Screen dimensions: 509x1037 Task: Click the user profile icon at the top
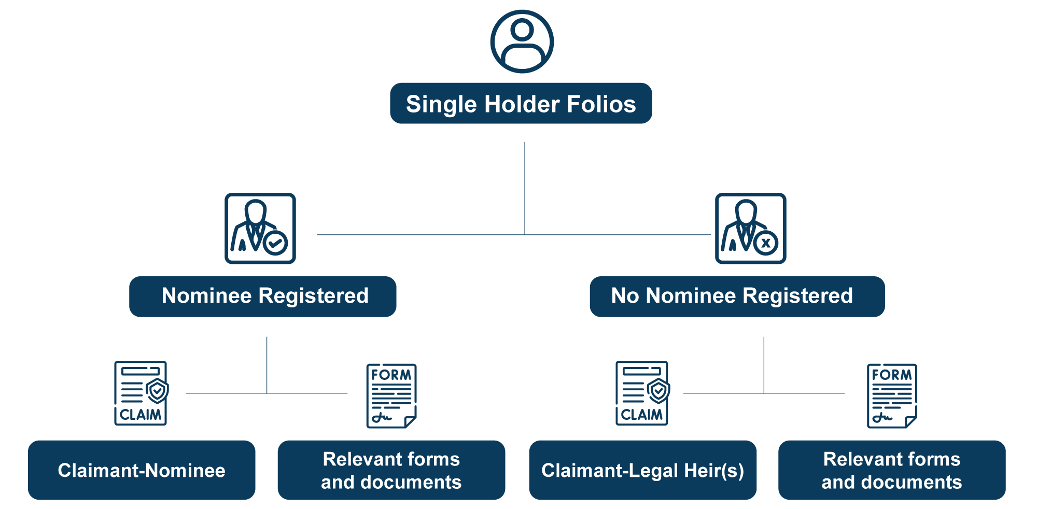pos(522,41)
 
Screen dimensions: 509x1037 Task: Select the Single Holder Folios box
pos(521,104)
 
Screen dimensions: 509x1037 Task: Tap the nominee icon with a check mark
pos(260,229)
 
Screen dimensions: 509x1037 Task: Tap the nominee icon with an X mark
pos(750,229)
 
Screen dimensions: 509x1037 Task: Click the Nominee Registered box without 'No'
pos(263,296)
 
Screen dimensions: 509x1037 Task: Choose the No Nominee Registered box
pos(737,296)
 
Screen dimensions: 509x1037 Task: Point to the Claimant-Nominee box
pos(142,470)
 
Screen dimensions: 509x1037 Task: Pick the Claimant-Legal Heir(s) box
pos(642,470)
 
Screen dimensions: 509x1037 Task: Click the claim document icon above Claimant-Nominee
pos(141,393)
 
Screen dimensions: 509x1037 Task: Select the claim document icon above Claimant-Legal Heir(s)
pos(642,393)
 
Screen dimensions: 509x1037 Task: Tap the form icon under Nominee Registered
pos(391,396)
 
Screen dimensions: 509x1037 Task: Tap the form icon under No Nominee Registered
pos(892,396)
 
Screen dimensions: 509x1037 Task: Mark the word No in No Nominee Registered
pos(625,296)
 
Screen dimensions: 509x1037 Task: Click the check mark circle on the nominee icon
pos(275,242)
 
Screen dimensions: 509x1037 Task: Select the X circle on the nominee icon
pos(765,243)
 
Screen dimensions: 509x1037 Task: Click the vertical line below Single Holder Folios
pos(525,187)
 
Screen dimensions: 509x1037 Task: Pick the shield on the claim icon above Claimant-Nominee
pos(157,390)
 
